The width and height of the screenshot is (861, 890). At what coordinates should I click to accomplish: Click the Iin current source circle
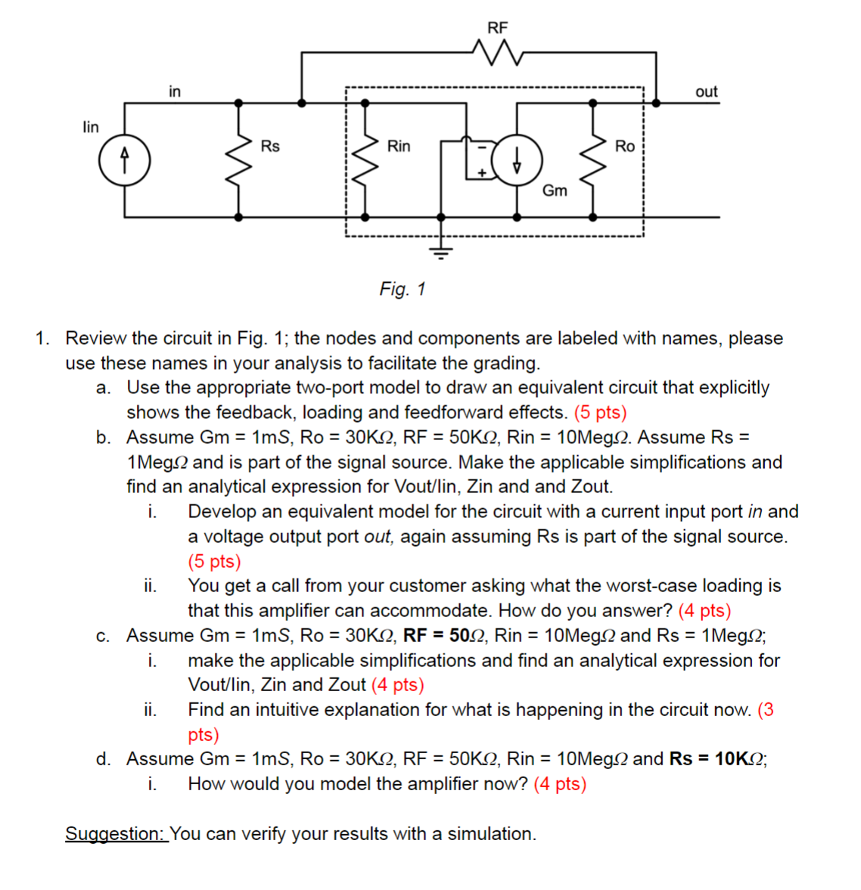point(125,162)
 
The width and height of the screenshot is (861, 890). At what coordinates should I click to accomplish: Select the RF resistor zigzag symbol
point(497,53)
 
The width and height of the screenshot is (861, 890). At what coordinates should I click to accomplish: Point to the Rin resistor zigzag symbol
point(367,160)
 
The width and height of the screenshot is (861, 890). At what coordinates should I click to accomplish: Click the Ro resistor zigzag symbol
point(592,160)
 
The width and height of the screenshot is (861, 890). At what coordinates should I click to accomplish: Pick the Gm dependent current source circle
point(518,160)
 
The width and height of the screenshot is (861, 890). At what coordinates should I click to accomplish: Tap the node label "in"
point(175,91)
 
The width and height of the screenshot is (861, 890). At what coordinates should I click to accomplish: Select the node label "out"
point(706,91)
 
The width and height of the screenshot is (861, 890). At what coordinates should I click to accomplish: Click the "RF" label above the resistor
point(497,28)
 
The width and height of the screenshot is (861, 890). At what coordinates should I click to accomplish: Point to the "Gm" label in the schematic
point(555,191)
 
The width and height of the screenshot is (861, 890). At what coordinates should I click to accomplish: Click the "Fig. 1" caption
point(403,289)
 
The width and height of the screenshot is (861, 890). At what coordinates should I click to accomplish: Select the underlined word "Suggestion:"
point(116,833)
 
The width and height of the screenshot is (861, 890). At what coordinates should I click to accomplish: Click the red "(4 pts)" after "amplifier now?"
point(560,783)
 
